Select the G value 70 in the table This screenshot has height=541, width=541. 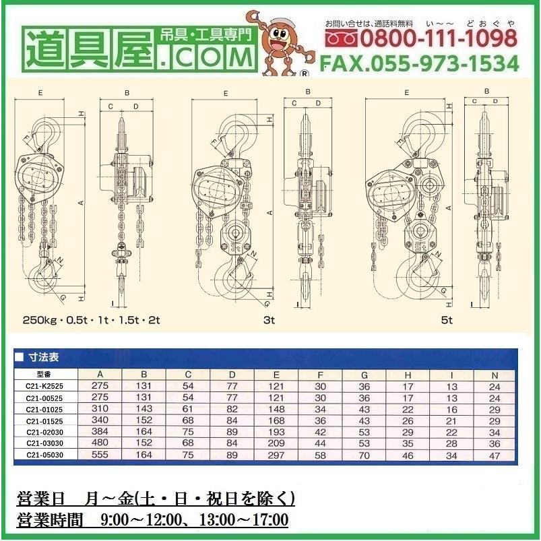[364, 455]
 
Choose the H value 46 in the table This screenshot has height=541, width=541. [407, 455]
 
